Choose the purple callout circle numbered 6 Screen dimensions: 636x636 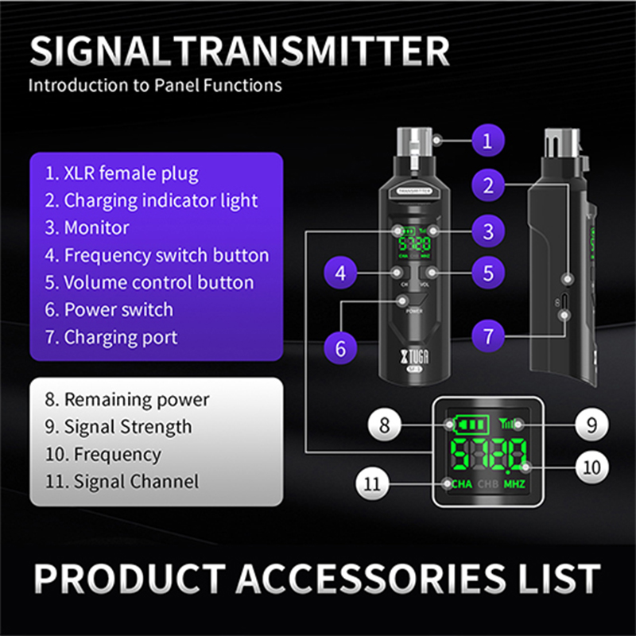click(x=340, y=348)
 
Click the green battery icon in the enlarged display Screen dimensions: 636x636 click(x=458, y=425)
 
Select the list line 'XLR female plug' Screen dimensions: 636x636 click(x=122, y=173)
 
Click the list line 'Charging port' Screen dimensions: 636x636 click(x=111, y=337)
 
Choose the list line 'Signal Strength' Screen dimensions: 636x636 click(x=118, y=426)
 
